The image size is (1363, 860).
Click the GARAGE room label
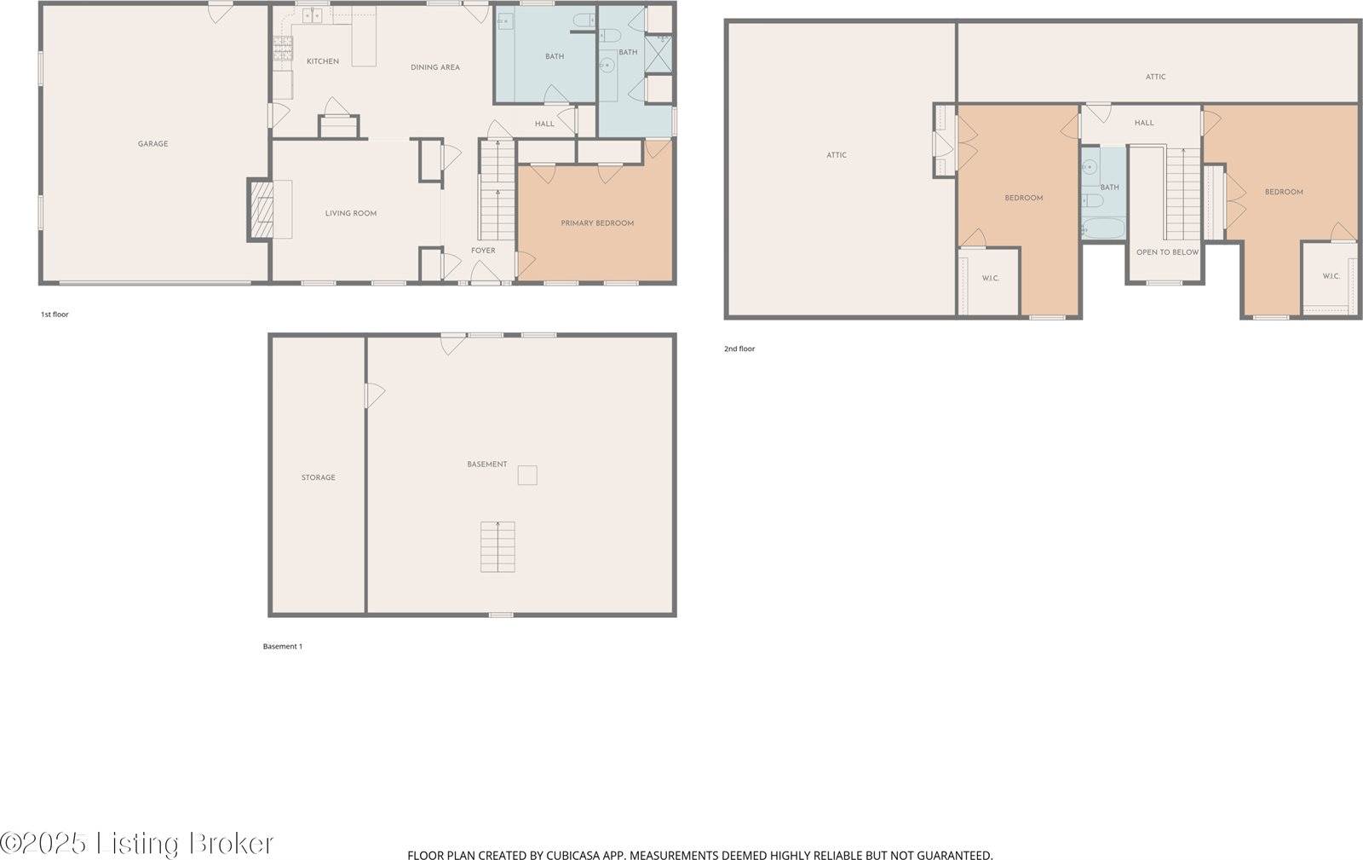click(x=152, y=144)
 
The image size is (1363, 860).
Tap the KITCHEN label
click(x=323, y=61)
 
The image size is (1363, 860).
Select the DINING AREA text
click(x=435, y=67)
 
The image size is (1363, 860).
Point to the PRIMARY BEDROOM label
click(x=597, y=223)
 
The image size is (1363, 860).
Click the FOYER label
click(x=483, y=251)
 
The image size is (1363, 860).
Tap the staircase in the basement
click(x=497, y=546)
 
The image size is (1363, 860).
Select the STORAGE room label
click(x=318, y=478)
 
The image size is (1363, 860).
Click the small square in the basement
click(x=527, y=476)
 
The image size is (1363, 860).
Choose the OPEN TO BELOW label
click(x=1167, y=252)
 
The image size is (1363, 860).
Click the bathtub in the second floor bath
click(x=1103, y=228)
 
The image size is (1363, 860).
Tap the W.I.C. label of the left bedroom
click(x=990, y=279)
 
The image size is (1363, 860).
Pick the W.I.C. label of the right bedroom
click(x=1331, y=276)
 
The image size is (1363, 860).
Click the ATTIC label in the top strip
click(x=1155, y=77)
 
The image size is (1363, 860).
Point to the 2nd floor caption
click(x=739, y=349)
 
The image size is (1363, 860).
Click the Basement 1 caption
click(x=282, y=646)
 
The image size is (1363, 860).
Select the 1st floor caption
click(x=55, y=315)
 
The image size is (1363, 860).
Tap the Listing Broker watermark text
click(x=184, y=844)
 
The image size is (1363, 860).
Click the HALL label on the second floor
click(x=1144, y=123)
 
